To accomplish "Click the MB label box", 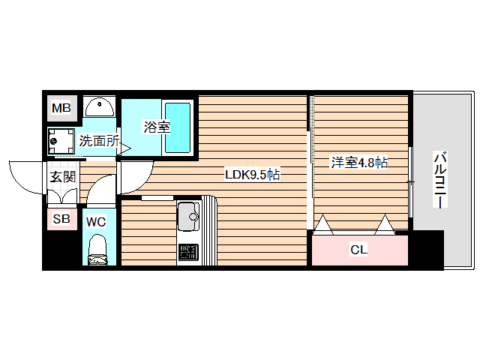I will coord(61,109).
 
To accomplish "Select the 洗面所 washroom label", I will coord(100,139).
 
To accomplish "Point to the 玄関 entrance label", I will coord(62,177).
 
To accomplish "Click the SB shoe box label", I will coord(61,220).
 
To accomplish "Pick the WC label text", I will coord(95,221).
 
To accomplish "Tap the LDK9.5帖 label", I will coord(253,175).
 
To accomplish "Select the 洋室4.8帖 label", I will coord(359,161).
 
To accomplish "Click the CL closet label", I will coord(359,250).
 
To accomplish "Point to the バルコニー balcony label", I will coord(440,181).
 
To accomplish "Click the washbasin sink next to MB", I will coord(99,108).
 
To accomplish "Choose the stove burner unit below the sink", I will coord(187,253).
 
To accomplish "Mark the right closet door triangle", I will coord(385,224).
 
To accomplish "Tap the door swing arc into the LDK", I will coord(133,178).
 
